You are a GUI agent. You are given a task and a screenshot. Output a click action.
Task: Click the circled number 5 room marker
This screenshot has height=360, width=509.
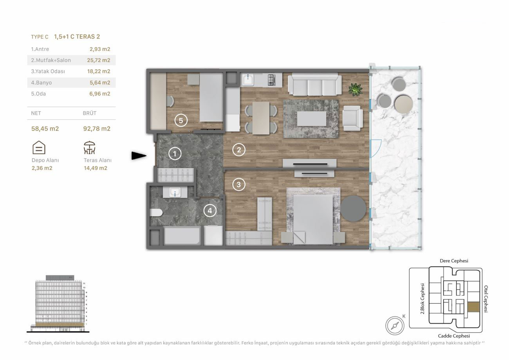click(x=181, y=120)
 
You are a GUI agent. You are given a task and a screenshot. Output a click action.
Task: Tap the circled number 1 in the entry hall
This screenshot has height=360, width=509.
click(x=175, y=154)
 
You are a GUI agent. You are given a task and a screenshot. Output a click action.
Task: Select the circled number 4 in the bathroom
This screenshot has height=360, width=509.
click(x=210, y=210)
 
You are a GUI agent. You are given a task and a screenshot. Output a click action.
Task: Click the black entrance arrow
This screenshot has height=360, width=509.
click(x=139, y=156)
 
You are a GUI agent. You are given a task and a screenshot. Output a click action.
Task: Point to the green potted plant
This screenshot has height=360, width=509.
click(x=356, y=89)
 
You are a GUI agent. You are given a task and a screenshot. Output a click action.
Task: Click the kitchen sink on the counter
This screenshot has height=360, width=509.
click(x=248, y=80)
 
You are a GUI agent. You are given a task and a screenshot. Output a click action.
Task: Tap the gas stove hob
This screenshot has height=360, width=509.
click(x=272, y=80)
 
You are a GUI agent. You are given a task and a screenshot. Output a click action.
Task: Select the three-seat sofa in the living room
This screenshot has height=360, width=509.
click(x=315, y=84)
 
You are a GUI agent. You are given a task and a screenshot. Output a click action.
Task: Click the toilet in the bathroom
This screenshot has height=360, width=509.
click(x=156, y=213)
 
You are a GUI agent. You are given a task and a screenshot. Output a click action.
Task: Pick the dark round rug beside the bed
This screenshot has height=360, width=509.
click(x=353, y=208)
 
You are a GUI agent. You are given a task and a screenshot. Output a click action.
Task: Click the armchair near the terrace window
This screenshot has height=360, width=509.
click(x=353, y=118)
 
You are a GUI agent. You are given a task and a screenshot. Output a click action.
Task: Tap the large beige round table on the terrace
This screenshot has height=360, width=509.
click(x=404, y=104)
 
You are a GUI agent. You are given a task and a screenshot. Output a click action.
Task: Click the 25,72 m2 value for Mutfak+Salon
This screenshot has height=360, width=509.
click(x=99, y=60)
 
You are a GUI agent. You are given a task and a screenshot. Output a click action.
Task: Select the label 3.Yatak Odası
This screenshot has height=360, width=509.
click(x=48, y=71)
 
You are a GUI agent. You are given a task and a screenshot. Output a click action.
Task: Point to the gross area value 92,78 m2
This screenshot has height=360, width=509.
click(x=97, y=128)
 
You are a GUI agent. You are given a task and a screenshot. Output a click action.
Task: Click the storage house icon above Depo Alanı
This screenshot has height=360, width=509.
click(x=39, y=147)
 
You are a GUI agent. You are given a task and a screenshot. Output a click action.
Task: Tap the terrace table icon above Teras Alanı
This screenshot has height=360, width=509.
click(x=89, y=148)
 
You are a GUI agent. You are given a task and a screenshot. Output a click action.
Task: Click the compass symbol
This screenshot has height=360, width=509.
click(x=395, y=326)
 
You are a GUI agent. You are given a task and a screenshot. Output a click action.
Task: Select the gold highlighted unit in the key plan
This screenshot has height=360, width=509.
click(x=473, y=307)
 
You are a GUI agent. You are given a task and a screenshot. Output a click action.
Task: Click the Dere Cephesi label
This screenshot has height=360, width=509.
click(x=454, y=261)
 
